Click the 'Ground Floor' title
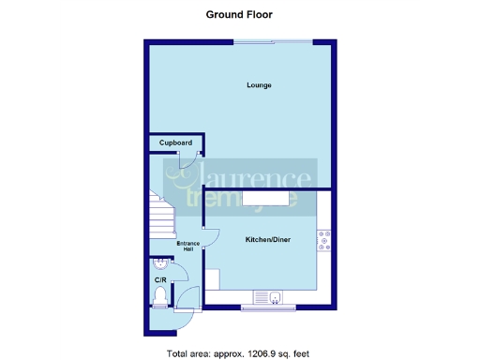239,15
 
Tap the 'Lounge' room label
259,85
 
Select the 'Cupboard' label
175,142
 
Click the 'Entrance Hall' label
186,247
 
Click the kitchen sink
276,298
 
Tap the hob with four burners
323,241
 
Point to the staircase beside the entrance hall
161,217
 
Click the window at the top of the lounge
273,41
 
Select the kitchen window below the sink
268,307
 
